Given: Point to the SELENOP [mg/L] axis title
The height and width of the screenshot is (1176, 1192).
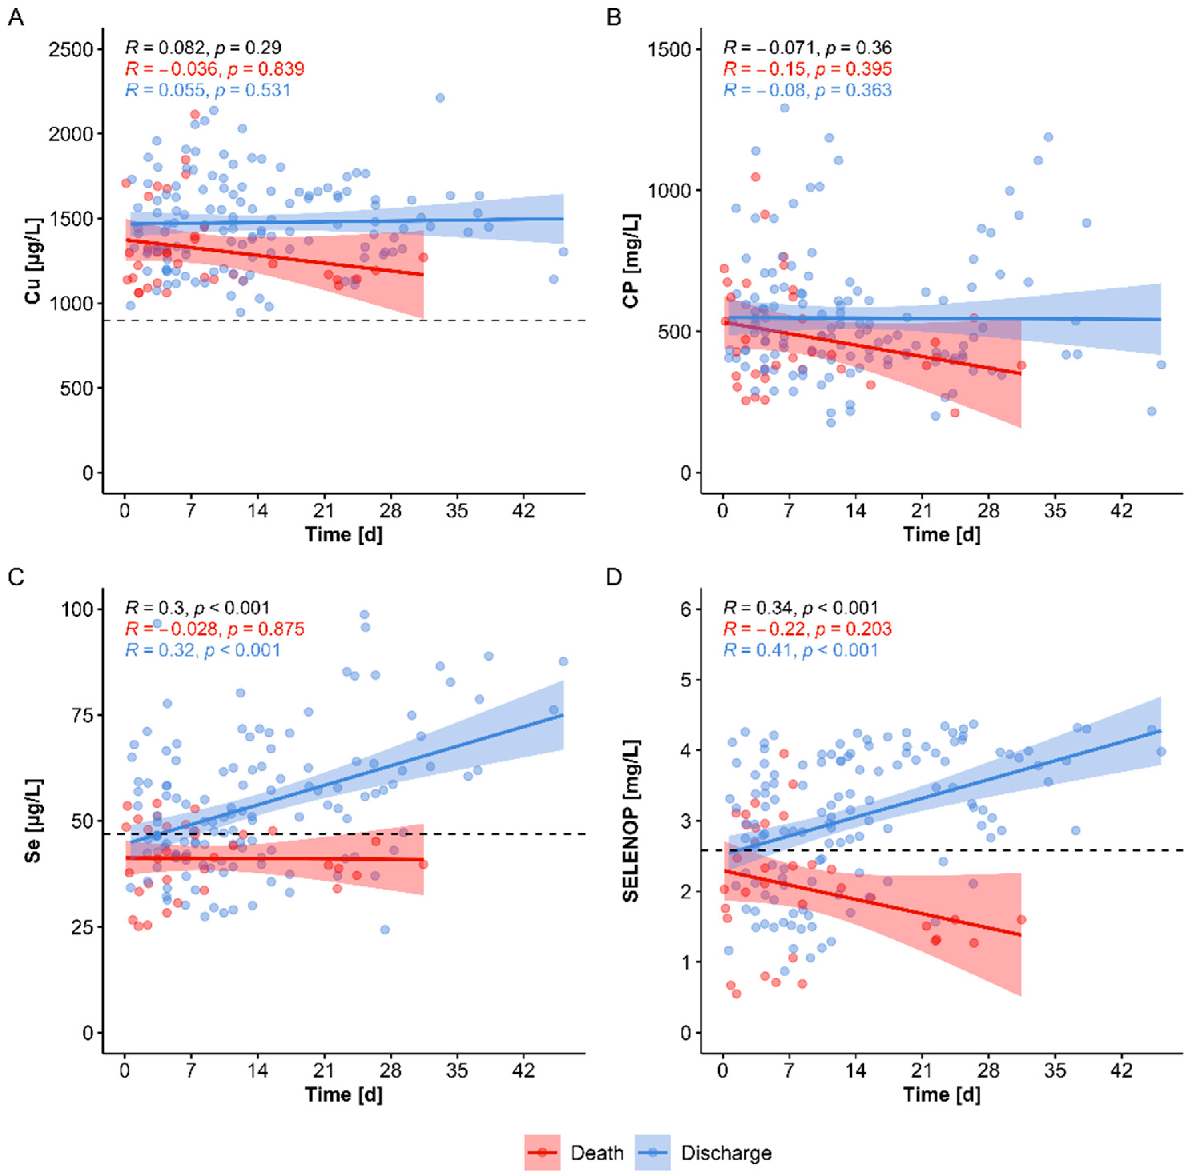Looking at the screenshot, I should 631,820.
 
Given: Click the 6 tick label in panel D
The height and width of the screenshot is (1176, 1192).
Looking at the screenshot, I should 686,609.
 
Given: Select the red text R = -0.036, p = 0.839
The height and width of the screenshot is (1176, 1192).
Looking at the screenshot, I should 215,69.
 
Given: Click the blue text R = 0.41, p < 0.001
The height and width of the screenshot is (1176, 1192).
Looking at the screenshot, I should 800,650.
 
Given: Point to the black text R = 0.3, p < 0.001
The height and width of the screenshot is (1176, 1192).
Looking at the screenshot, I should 197,608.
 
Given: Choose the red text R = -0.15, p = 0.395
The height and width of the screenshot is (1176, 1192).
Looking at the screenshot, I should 807,69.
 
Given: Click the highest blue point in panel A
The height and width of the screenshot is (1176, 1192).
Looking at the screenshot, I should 440,98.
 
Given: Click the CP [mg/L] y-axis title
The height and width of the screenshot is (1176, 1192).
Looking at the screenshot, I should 631,260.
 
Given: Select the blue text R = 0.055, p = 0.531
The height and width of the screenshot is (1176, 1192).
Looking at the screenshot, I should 208,90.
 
